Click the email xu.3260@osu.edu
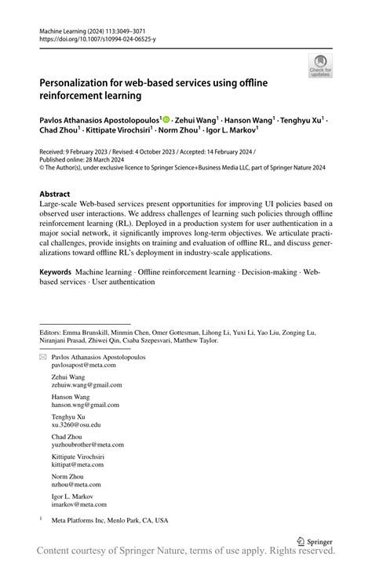[x=76, y=424]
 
